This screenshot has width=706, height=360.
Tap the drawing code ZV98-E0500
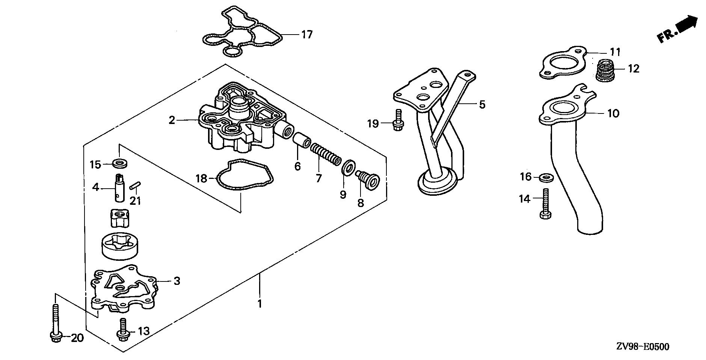coord(642,346)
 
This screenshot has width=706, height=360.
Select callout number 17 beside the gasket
coord(306,35)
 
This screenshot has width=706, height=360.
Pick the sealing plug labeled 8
coord(368,180)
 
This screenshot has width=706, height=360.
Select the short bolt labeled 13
coord(122,329)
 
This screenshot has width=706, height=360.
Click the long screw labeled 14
coord(545,203)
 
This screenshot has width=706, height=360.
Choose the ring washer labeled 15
coord(119,164)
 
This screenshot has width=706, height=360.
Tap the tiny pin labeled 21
coord(135,186)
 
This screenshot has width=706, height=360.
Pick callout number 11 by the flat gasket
coord(615,51)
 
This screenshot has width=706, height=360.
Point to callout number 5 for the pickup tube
coord(482,104)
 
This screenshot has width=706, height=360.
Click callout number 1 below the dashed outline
coord(259,303)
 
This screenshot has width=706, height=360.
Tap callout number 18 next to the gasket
coord(202,178)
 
